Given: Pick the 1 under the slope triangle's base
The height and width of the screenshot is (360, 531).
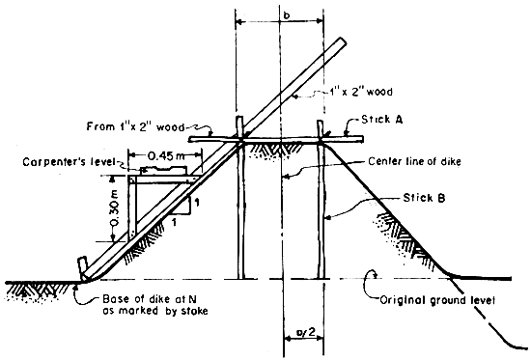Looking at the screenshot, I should pyautogui.click(x=175, y=222).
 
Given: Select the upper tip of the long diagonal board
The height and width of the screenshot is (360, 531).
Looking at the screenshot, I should pyautogui.click(x=340, y=42).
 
